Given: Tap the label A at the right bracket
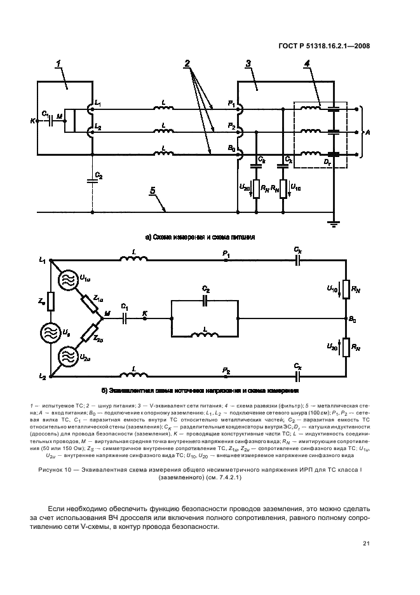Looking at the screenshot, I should pyautogui.click(x=367, y=132).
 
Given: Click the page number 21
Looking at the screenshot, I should pyautogui.click(x=367, y=542).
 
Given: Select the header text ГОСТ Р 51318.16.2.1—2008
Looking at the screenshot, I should pyautogui.click(x=326, y=45).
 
